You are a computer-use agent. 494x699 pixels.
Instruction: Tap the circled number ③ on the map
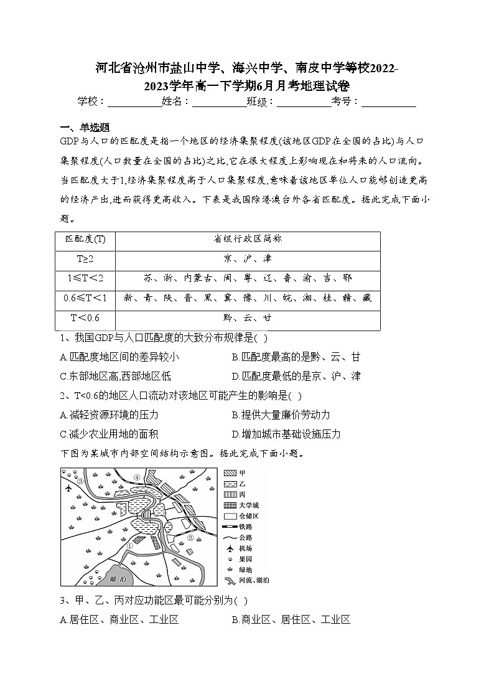pyautogui.click(x=80, y=481)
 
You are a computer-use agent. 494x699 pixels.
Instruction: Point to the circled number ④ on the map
pyautogui.click(x=136, y=477)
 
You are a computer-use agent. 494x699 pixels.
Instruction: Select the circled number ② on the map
pyautogui.click(x=191, y=536)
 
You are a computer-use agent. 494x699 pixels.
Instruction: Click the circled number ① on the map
pyautogui.click(x=130, y=546)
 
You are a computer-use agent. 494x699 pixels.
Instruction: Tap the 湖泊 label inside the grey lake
pyautogui.click(x=116, y=578)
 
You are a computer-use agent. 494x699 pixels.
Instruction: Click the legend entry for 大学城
pyautogui.click(x=244, y=505)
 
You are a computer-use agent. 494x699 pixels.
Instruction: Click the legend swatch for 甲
pyautogui.click(x=230, y=473)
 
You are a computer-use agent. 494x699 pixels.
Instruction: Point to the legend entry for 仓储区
pyautogui.click(x=244, y=516)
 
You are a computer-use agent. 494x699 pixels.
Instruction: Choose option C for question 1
pyautogui.click(x=116, y=376)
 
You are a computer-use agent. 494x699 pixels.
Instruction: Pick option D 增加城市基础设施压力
pyautogui.click(x=286, y=434)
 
